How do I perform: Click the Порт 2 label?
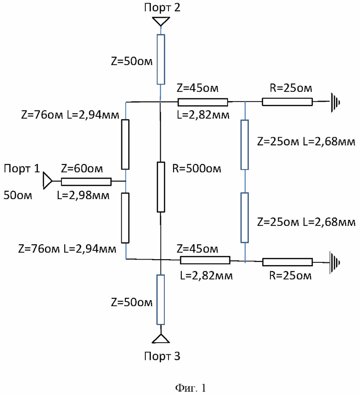click(x=162, y=7)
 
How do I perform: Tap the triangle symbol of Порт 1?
click(x=47, y=181)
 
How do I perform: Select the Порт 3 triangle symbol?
click(x=161, y=339)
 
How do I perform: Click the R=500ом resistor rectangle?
click(x=161, y=187)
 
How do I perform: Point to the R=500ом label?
click(x=197, y=169)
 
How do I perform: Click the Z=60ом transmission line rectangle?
click(x=86, y=182)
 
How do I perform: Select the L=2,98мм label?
click(x=83, y=195)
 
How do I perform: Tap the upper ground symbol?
click(x=335, y=102)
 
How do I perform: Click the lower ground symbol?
click(x=335, y=262)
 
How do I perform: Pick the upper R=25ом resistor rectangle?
click(x=287, y=102)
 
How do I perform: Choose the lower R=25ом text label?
click(x=290, y=276)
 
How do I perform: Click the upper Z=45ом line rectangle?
click(x=203, y=102)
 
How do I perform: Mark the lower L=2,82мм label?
click(x=206, y=276)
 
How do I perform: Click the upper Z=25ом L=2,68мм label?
click(x=306, y=142)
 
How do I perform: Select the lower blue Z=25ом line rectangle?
click(x=245, y=218)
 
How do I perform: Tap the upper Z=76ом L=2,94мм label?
click(x=70, y=115)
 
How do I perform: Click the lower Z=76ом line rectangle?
click(x=125, y=218)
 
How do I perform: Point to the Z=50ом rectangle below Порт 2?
click(x=161, y=59)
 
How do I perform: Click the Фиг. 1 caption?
click(x=191, y=388)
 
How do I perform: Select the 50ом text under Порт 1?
click(x=18, y=195)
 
